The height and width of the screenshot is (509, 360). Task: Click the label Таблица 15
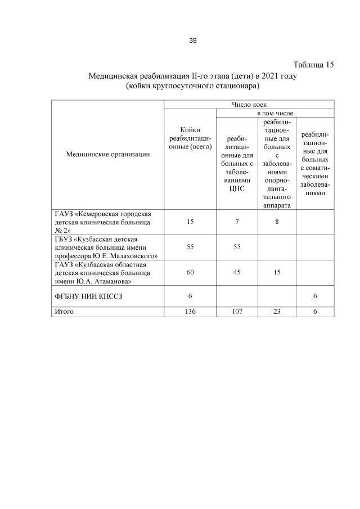tap(314, 65)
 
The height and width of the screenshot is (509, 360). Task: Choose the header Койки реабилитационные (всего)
tap(191, 138)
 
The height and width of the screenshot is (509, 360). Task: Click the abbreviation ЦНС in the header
tap(237, 189)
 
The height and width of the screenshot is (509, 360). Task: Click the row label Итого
tap(64, 311)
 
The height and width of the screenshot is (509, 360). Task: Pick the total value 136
tap(191, 311)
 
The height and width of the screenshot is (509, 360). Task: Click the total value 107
tap(237, 311)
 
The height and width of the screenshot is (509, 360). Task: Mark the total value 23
tap(277, 311)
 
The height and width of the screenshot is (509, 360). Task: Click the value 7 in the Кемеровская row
tap(237, 222)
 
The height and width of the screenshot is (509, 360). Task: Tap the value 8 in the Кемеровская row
tap(277, 222)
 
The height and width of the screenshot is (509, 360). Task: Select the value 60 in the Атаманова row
tap(191, 272)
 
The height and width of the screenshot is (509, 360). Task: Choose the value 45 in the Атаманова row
tap(237, 272)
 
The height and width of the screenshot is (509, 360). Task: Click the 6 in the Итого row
tap(315, 311)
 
